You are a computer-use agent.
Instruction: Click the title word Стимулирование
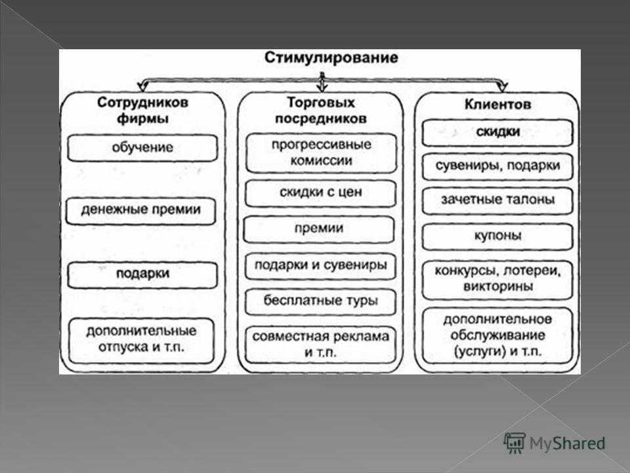coord(331,58)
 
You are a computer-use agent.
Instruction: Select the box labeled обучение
coord(142,148)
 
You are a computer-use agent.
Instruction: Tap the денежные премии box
coord(141,210)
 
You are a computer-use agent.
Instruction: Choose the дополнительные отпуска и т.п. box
coord(142,341)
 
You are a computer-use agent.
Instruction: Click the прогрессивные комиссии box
coord(321,153)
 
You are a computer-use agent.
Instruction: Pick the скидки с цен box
coord(321,193)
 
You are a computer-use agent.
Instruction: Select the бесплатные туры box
coord(321,302)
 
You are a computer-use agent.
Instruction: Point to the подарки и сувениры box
coord(321,266)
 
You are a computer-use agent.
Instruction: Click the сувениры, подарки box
coord(497,166)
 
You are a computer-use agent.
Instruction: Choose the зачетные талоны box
coord(497,200)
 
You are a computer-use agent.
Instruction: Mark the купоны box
coord(497,236)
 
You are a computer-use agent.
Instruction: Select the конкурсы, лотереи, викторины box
coord(497,280)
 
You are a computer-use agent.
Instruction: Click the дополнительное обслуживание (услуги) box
coord(497,336)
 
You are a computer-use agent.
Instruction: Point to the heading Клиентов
coord(498,104)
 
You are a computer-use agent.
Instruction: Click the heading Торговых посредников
coord(321,110)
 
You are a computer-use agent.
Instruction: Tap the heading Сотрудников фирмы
coord(142,110)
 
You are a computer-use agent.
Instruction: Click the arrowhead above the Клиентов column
coord(503,87)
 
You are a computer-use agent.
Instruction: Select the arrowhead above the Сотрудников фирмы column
coord(142,87)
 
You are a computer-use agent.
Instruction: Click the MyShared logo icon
coord(514,443)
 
